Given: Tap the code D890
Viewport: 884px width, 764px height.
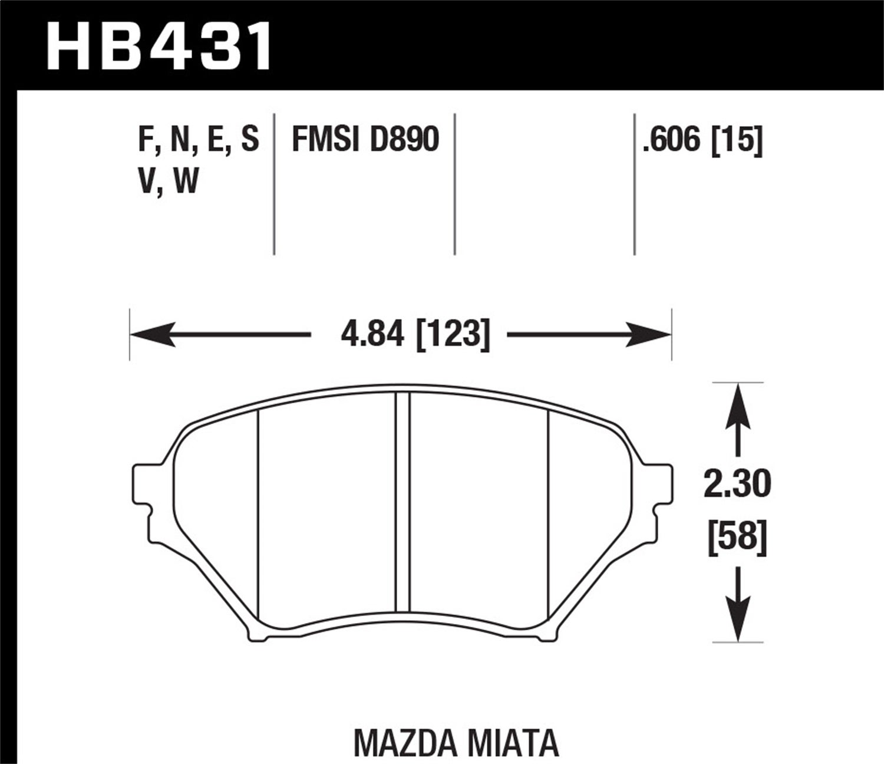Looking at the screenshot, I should coord(404,140).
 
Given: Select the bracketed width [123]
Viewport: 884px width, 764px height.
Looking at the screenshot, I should coord(453,335).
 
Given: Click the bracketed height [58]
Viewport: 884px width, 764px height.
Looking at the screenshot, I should coord(737,538).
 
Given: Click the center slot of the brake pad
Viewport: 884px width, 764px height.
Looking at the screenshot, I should coord(402,503).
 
